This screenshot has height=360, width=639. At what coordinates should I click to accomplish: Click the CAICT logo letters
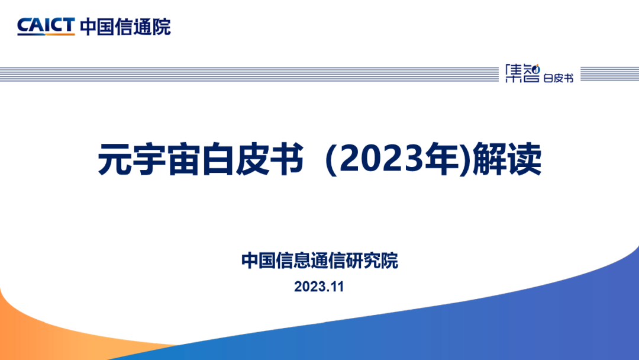click(46, 25)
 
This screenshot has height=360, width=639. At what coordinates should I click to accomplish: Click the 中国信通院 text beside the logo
click(125, 27)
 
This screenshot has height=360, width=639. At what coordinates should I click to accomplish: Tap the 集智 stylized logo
click(522, 73)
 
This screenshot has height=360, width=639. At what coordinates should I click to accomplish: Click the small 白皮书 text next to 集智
click(559, 78)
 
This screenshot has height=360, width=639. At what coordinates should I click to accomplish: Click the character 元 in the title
click(115, 159)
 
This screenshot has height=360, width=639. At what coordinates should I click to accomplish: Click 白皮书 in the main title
click(252, 159)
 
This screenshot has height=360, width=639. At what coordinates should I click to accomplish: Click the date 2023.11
click(319, 287)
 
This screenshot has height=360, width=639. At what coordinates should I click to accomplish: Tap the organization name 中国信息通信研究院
click(319, 261)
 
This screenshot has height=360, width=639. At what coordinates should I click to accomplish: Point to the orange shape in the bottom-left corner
click(61, 335)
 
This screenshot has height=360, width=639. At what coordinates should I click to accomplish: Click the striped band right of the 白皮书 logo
click(609, 74)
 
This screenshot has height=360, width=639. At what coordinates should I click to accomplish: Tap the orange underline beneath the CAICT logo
click(46, 35)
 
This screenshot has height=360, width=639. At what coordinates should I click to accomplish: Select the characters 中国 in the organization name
click(259, 261)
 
